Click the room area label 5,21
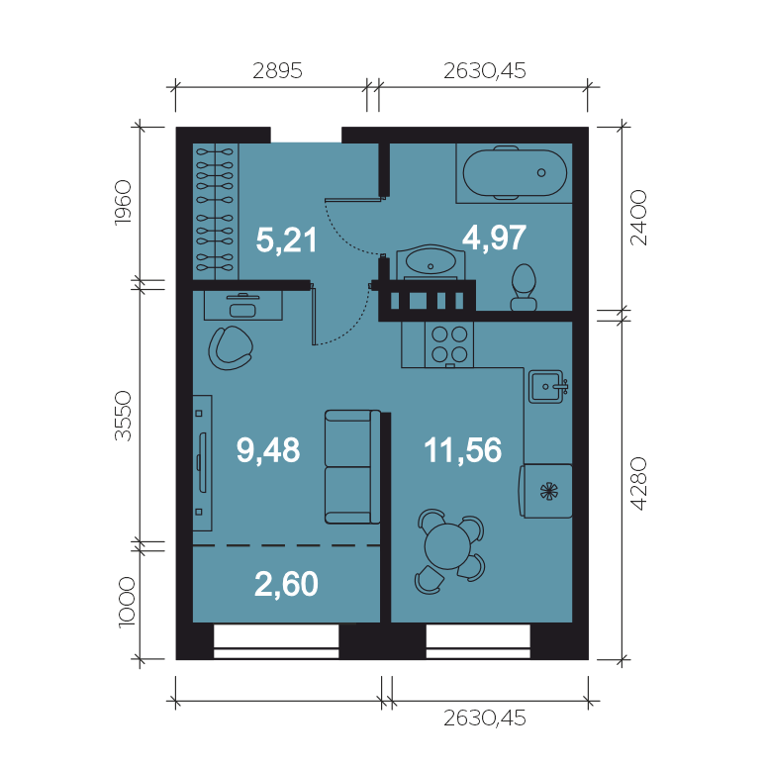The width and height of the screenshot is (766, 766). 287,239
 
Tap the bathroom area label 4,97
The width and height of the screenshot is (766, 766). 495,238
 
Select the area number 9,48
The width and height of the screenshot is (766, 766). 268,450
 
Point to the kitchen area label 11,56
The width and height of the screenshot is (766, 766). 462,450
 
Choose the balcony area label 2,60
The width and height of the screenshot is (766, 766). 286,583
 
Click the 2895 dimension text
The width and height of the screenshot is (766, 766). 277,71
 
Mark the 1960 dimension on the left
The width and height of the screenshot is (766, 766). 123,203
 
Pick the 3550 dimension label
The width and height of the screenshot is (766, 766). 123,416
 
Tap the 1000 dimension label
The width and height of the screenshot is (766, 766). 127,602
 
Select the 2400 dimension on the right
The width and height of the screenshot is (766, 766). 638,218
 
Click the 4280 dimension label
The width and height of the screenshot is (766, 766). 638,484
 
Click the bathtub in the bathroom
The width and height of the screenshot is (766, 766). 515,172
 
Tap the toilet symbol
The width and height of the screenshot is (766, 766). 524,287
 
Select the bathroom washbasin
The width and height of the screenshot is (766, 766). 431,262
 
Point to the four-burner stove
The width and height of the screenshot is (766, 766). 449,344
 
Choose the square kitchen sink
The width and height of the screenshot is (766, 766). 547,386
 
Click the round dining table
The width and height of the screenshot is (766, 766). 447,546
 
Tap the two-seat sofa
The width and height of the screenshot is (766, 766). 352,467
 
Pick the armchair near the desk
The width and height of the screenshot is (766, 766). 230,347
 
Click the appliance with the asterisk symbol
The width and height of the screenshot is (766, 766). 545,491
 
